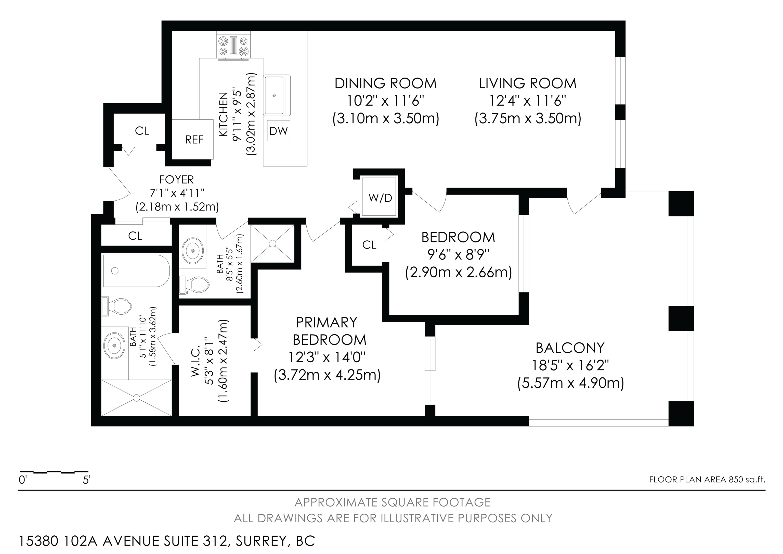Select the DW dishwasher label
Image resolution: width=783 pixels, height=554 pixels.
279,131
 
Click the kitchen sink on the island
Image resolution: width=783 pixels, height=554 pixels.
275,95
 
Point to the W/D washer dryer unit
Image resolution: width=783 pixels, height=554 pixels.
380,197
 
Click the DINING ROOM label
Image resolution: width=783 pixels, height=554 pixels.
386,83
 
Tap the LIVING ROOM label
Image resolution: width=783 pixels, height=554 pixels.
528,83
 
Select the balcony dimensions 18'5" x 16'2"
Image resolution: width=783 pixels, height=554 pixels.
570,366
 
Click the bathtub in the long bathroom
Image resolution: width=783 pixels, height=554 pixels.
136,271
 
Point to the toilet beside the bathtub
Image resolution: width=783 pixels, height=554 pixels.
117,306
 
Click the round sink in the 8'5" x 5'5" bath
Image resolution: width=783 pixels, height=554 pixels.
193,251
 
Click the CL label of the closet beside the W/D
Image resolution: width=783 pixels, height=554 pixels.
369,245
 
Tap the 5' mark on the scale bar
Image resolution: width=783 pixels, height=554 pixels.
86,480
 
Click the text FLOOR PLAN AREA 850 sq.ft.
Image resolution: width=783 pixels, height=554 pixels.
707,479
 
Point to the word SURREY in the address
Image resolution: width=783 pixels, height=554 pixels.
261,541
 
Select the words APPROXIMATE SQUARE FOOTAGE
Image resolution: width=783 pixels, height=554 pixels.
393,502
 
